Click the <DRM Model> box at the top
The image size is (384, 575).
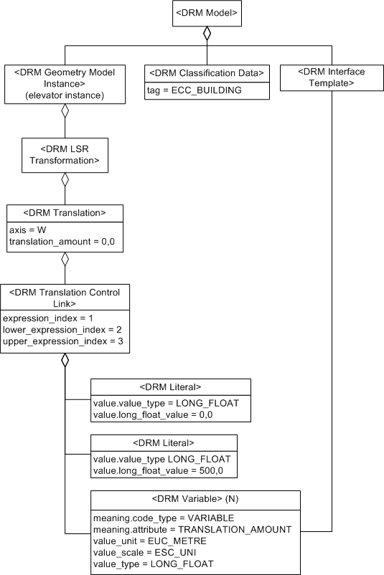(207, 12)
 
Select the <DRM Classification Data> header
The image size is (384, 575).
(207, 72)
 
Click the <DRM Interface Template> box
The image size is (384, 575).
(331, 77)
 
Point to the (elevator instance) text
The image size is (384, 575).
(65, 94)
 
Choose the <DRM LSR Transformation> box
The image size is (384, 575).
(65, 155)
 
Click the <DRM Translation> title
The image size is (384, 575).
(65, 213)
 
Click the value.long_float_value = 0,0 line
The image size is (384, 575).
(153, 414)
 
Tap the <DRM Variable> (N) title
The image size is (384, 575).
(195, 499)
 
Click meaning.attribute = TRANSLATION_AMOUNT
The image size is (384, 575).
(192, 529)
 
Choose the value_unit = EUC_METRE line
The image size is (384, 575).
(149, 541)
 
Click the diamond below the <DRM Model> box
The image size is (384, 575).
(207, 33)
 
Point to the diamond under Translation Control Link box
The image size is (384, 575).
(65, 359)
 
